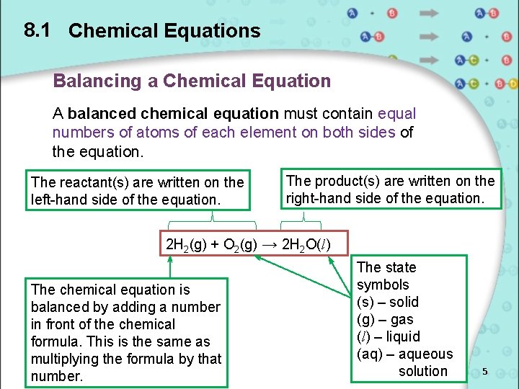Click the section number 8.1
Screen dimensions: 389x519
36,30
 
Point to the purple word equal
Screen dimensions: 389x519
396,114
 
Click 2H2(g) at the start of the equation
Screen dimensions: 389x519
187,244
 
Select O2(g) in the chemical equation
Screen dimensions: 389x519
239,244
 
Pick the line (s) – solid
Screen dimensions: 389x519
388,302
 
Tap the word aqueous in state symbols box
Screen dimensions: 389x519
427,354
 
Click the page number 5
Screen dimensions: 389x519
485,371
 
